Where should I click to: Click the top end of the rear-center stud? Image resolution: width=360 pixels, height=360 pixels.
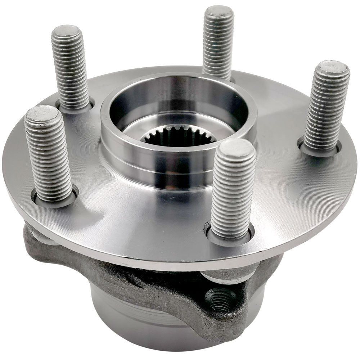[219, 11]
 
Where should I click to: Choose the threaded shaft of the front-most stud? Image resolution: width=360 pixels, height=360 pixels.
[232, 194]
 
